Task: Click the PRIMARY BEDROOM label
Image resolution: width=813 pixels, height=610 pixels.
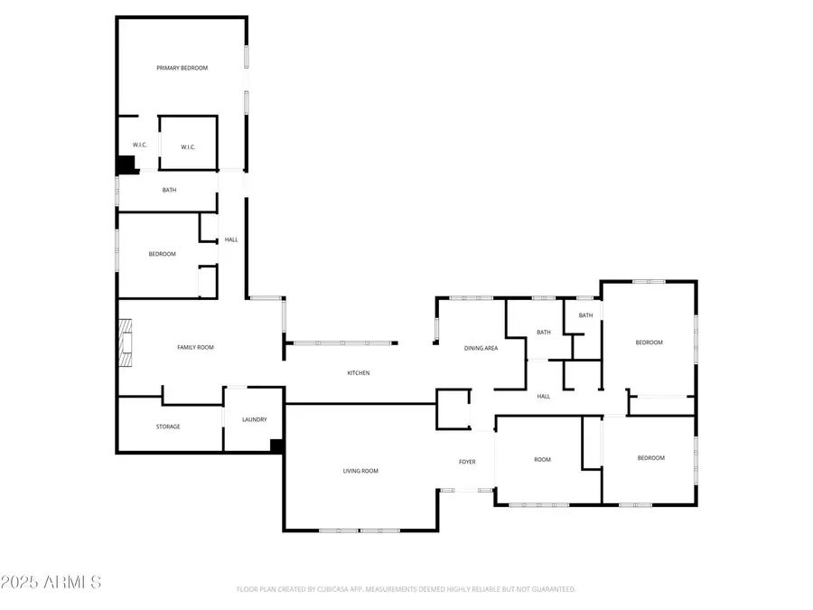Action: (x=182, y=68)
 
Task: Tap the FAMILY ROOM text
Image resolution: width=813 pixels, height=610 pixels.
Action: (x=195, y=347)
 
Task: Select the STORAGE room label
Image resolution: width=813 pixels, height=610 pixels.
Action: (x=168, y=427)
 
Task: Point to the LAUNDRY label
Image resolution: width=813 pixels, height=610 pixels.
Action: (x=254, y=419)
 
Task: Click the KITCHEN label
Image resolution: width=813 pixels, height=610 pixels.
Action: (x=359, y=373)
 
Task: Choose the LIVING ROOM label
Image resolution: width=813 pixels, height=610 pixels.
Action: (x=360, y=471)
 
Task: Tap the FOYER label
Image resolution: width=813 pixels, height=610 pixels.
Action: (x=467, y=462)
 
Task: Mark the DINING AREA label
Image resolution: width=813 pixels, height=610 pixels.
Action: (x=481, y=348)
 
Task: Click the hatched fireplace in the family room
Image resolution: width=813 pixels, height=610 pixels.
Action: (x=126, y=343)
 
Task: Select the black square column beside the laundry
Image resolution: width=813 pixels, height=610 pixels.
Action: (x=277, y=446)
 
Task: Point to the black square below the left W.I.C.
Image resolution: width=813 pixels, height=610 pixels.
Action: (x=125, y=164)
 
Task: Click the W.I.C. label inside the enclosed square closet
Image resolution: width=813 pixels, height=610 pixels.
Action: (x=188, y=147)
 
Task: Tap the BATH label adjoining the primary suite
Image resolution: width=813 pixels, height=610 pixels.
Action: (x=169, y=190)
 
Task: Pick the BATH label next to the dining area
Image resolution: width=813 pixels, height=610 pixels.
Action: (x=544, y=333)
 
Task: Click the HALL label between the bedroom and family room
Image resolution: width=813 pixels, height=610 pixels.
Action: (x=231, y=239)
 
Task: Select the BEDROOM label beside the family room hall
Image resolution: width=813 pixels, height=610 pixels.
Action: (x=163, y=254)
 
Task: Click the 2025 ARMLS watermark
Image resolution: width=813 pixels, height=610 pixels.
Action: (x=51, y=583)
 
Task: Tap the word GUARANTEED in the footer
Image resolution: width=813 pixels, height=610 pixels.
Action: (x=553, y=589)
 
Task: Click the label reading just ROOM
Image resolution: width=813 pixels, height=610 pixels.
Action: (x=542, y=460)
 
